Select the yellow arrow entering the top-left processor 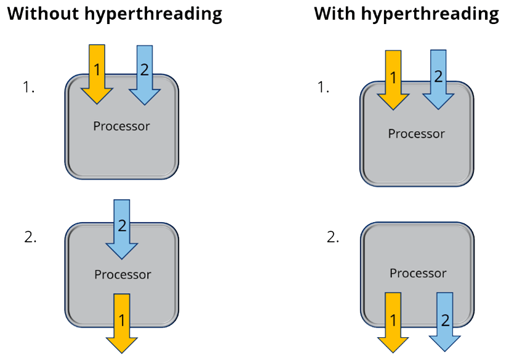tap(97, 73)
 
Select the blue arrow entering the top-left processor tap(145, 73)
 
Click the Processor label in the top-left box tap(121, 126)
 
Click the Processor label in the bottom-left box tap(122, 274)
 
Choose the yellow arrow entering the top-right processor tap(393, 79)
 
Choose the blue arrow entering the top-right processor tap(438, 79)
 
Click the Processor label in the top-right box tap(416, 134)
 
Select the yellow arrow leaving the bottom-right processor tap(393, 321)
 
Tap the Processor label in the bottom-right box tap(418, 273)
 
